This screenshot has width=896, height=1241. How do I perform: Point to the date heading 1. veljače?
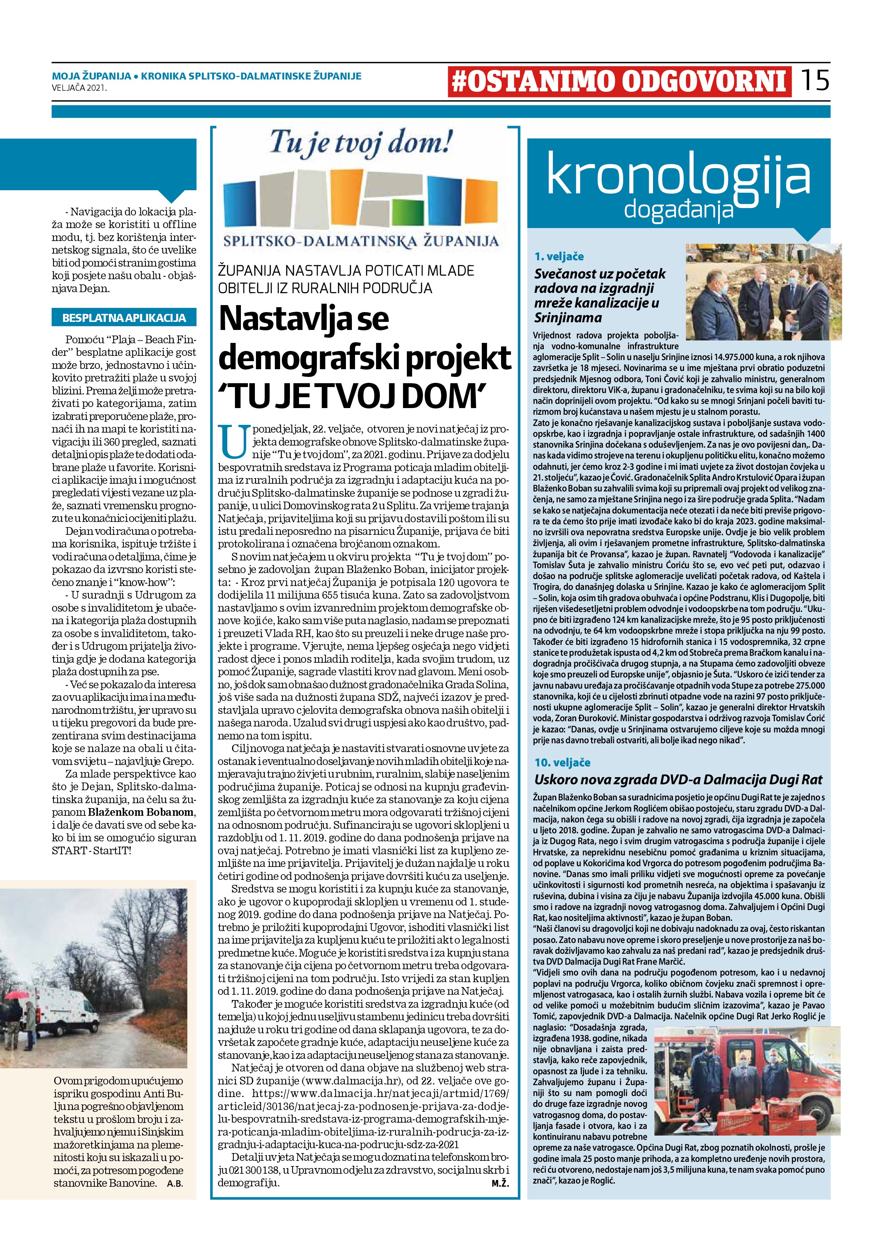click(x=559, y=256)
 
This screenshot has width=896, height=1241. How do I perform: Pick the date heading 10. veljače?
click(x=562, y=762)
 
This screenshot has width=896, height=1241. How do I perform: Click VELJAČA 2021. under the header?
click(x=79, y=88)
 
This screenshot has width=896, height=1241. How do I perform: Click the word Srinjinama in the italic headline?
click(x=568, y=318)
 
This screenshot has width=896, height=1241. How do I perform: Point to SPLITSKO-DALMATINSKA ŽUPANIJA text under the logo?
click(x=361, y=241)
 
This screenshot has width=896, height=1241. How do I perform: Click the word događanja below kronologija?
click(x=678, y=209)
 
